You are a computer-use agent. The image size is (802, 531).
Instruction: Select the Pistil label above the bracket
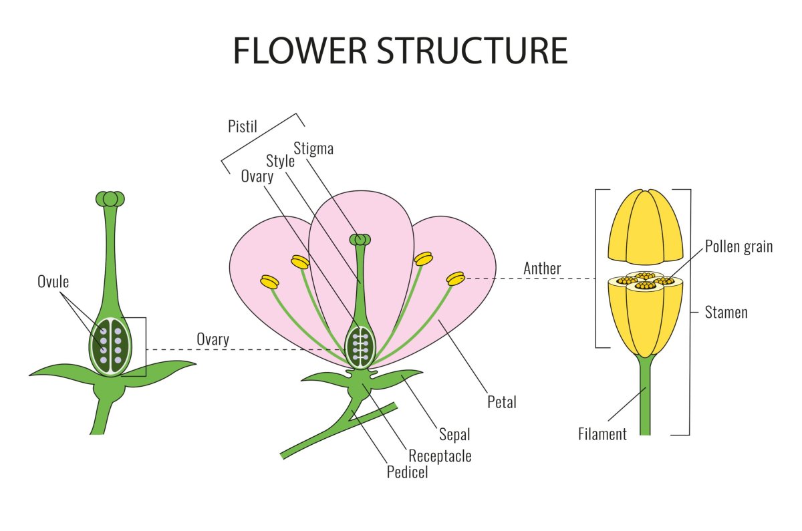point(241,126)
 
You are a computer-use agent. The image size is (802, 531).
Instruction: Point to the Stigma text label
point(313,148)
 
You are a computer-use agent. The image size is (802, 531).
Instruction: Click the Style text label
point(281,161)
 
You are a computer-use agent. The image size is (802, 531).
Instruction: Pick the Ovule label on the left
point(53,281)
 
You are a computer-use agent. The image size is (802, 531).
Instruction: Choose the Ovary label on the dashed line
point(213,339)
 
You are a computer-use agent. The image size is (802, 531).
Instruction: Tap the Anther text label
point(542,269)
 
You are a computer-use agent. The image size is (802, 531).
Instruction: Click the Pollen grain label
point(739,246)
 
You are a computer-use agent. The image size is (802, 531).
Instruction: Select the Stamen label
point(726,312)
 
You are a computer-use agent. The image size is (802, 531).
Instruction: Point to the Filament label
point(602,434)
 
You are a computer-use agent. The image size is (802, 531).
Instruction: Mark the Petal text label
point(502,402)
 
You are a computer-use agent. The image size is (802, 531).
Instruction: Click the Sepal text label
point(454,434)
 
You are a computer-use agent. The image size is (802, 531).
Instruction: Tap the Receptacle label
point(440,456)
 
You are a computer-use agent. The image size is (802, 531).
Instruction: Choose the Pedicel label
point(407,472)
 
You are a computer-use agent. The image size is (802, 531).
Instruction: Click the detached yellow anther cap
point(646,226)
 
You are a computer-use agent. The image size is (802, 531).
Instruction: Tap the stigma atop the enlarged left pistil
point(110,198)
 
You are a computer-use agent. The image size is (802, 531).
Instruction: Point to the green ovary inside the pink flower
point(360,346)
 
